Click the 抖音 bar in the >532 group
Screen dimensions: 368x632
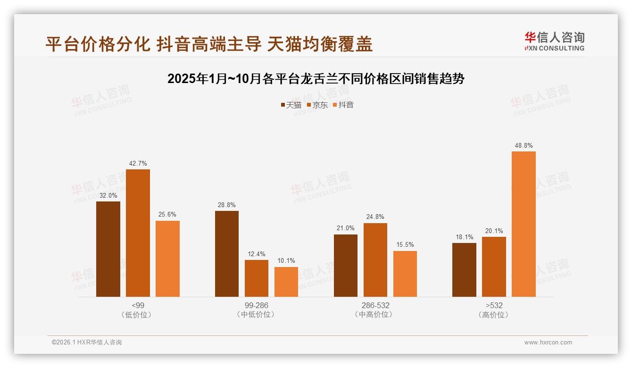(524, 224)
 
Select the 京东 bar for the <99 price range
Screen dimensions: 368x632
(138, 233)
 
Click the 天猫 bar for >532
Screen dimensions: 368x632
(464, 270)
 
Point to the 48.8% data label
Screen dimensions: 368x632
(524, 146)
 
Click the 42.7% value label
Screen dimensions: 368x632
(138, 164)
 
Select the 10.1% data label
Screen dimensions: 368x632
(286, 261)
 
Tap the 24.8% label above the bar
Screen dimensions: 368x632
(375, 217)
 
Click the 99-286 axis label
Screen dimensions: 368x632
(256, 305)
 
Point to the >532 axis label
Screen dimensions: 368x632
(494, 305)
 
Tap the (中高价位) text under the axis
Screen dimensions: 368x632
(375, 315)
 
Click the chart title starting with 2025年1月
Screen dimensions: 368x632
(316, 79)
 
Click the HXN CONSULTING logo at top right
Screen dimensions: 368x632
(554, 42)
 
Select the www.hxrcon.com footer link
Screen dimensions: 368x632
(548, 343)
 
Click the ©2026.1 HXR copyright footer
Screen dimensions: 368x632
(87, 343)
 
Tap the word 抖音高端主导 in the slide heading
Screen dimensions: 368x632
(209, 44)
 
